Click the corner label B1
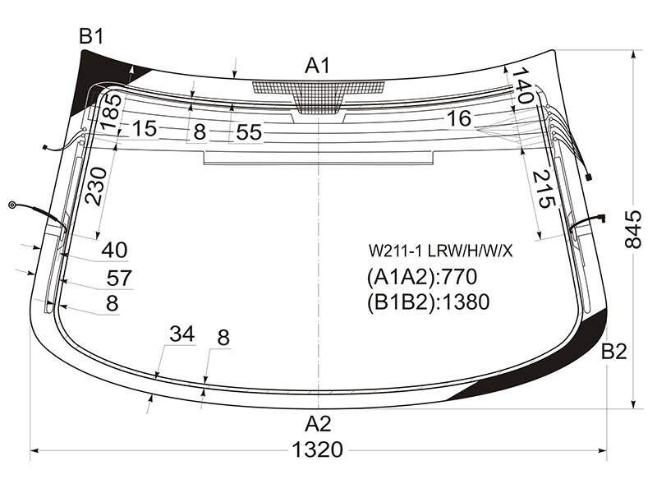pos(91,36)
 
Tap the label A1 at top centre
pos(318,66)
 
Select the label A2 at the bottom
pos(318,424)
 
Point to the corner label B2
pos(613,352)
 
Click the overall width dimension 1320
pos(317,449)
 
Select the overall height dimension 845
pos(633,229)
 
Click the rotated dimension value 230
pos(96,186)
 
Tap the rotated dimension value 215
pos(544,189)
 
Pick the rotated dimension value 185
pos(111,112)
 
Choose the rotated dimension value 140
pos(522,85)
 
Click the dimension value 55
pos(249,132)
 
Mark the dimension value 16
pos(459,118)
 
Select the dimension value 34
pos(182,334)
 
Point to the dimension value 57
pos(119,278)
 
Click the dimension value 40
pos(114,250)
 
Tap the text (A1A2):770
pos(422,277)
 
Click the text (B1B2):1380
pos(428,302)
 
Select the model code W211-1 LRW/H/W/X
pos(440,251)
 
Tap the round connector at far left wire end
pos(12,205)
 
